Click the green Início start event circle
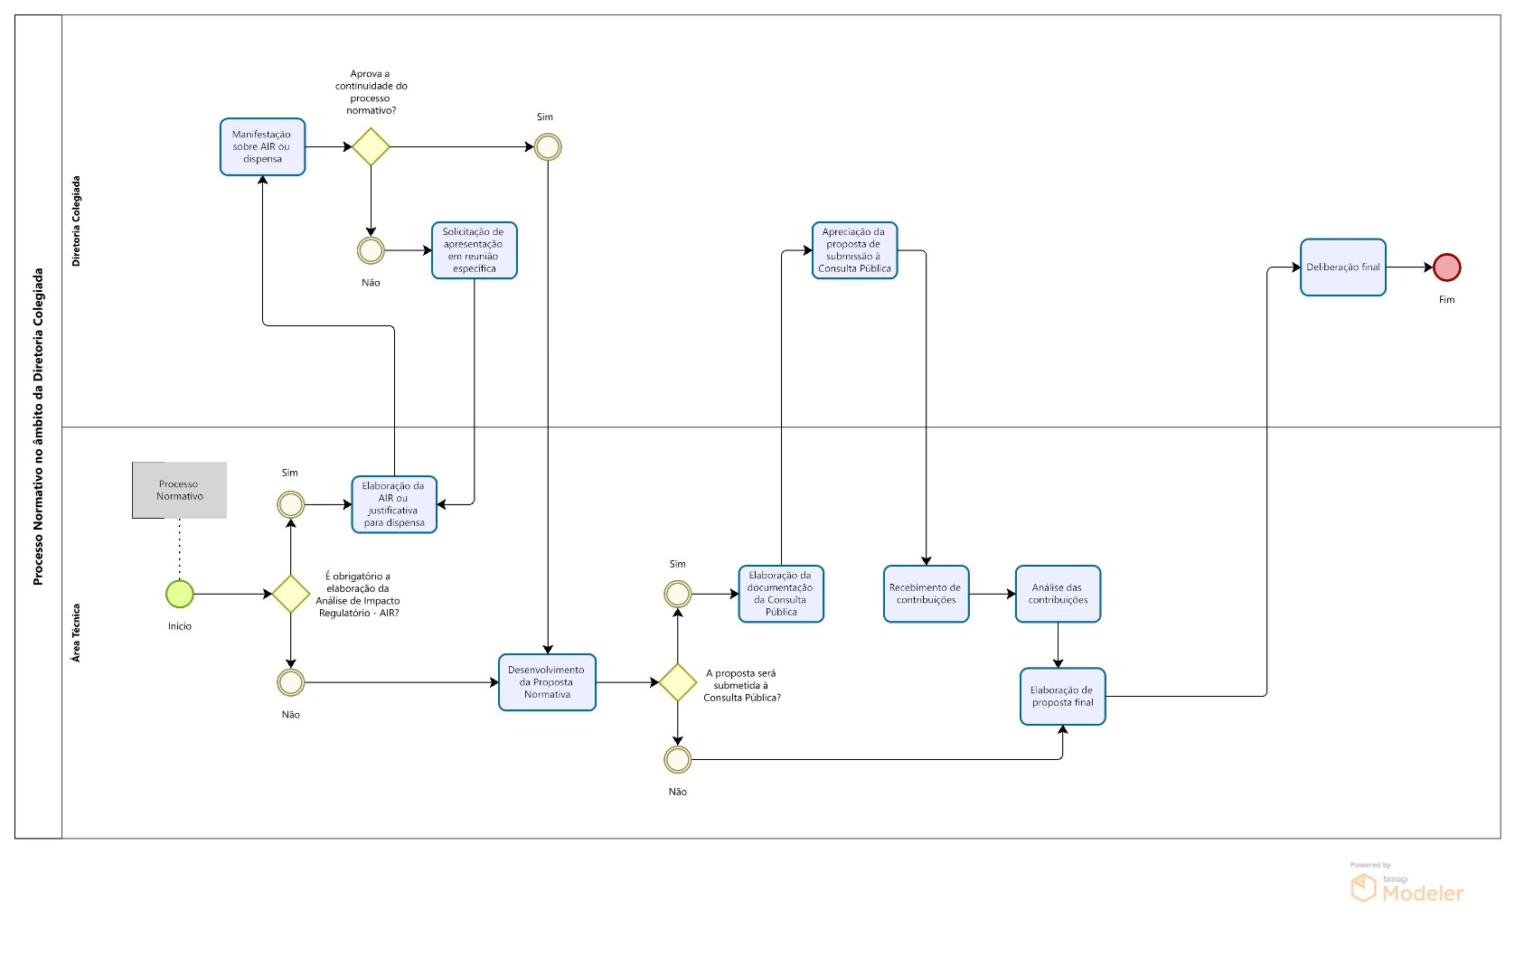(x=180, y=594)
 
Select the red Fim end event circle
(x=1446, y=267)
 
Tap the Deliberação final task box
(x=1342, y=267)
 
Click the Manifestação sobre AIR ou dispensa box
(x=262, y=147)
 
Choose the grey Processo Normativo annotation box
(x=179, y=491)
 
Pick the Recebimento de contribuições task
(x=926, y=594)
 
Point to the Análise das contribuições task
(x=1058, y=594)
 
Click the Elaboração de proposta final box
(x=1062, y=697)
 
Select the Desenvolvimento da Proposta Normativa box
(x=547, y=682)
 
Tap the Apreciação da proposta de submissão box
(x=854, y=250)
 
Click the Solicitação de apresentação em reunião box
(x=474, y=250)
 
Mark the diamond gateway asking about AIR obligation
(x=291, y=594)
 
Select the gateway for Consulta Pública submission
(x=677, y=682)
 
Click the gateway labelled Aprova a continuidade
(x=371, y=146)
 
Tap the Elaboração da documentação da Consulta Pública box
(x=781, y=594)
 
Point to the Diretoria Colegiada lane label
(x=76, y=221)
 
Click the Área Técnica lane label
(x=76, y=633)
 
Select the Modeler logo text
(x=1422, y=894)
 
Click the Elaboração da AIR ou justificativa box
(x=394, y=505)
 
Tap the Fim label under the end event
(x=1446, y=300)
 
